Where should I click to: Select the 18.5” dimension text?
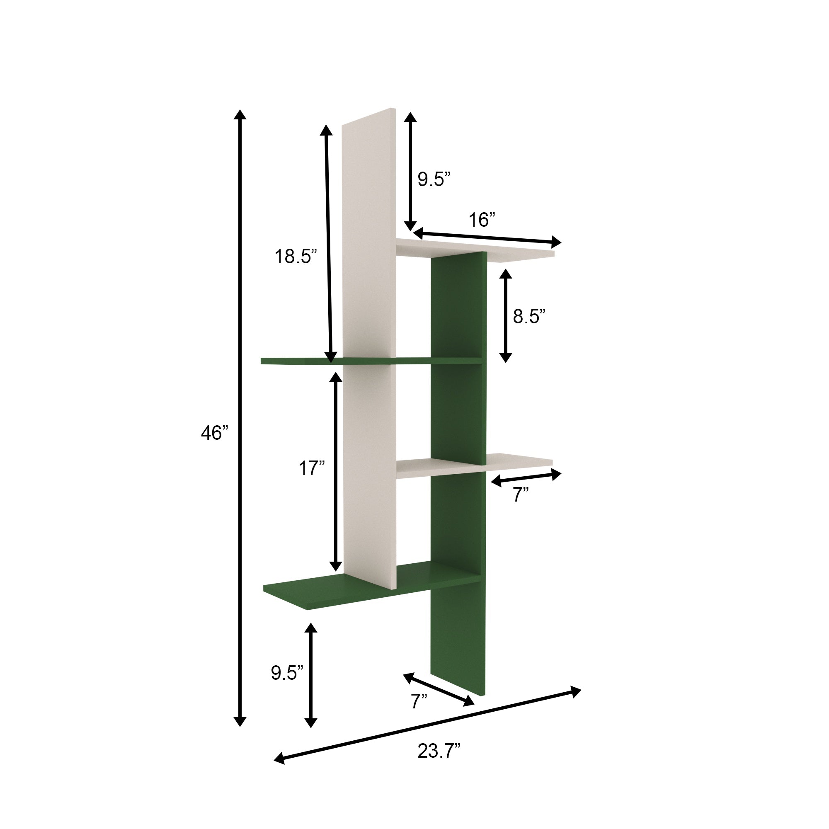click(x=296, y=257)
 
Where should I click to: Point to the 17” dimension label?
click(x=312, y=468)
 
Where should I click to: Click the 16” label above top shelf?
click(x=481, y=220)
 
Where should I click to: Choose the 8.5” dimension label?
click(x=528, y=316)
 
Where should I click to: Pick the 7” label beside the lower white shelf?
click(x=521, y=495)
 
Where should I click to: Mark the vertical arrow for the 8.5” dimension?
click(x=506, y=316)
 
